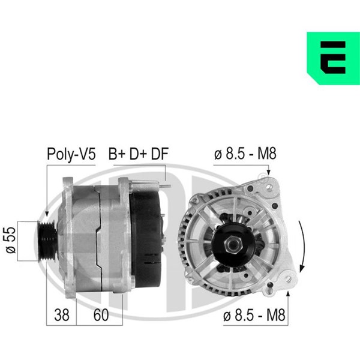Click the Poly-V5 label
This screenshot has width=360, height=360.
[x=71, y=154]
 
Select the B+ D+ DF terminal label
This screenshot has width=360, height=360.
[x=139, y=154]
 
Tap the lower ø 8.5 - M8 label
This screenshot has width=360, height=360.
[x=254, y=315]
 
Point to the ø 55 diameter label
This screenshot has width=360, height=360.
[x=11, y=240]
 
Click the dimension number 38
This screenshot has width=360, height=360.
[x=62, y=315]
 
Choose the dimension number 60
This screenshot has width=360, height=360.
[x=101, y=315]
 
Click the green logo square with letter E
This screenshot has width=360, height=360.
[x=333, y=58]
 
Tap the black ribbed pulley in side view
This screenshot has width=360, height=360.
[x=47, y=241]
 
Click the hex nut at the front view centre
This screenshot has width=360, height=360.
[x=233, y=245]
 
